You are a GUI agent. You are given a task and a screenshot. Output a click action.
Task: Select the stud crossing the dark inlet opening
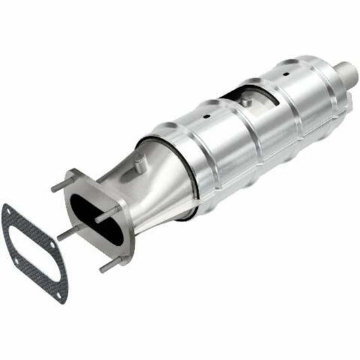[x=107, y=218]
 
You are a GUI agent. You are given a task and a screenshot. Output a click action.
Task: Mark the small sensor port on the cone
[x=138, y=161]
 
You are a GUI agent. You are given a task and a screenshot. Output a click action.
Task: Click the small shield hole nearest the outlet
[x=286, y=71]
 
